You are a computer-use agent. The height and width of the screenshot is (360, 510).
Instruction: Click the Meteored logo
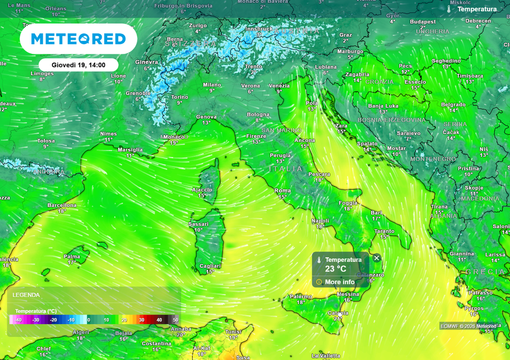coord(78,39)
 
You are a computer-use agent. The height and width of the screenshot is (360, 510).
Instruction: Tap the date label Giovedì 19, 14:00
coord(78,65)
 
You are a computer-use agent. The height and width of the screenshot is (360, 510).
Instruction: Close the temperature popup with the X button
coord(377,258)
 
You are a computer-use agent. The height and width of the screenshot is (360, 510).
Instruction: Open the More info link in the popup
coord(340,282)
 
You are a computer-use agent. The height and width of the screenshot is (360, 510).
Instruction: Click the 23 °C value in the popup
coord(335,269)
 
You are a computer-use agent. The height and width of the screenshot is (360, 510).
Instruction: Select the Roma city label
coord(282,191)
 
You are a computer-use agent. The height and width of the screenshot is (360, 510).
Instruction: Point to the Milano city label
coord(212,85)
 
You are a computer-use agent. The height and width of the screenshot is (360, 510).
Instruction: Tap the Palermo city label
coord(301,296)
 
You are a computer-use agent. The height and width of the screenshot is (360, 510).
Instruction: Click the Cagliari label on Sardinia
coord(210,266)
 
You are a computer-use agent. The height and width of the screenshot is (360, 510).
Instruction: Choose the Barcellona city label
coord(62,205)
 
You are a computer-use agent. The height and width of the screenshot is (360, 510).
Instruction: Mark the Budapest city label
coord(423,22)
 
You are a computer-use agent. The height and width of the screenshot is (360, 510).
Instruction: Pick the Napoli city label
coord(320,221)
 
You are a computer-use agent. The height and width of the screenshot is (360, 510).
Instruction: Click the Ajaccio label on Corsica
coord(202,190)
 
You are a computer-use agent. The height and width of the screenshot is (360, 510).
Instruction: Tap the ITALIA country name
coord(285,169)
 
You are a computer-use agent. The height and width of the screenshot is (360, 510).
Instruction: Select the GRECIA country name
coord(487,272)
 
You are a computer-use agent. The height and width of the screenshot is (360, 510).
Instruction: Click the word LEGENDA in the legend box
coord(26,295)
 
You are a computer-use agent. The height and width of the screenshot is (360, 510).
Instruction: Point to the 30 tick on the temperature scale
coord(141,320)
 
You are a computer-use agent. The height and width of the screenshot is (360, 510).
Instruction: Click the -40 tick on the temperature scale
coord(18,320)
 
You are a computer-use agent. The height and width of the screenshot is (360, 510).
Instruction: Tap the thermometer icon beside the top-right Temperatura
coord(449,9)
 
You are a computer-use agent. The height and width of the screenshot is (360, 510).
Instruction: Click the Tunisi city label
coord(233,332)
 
